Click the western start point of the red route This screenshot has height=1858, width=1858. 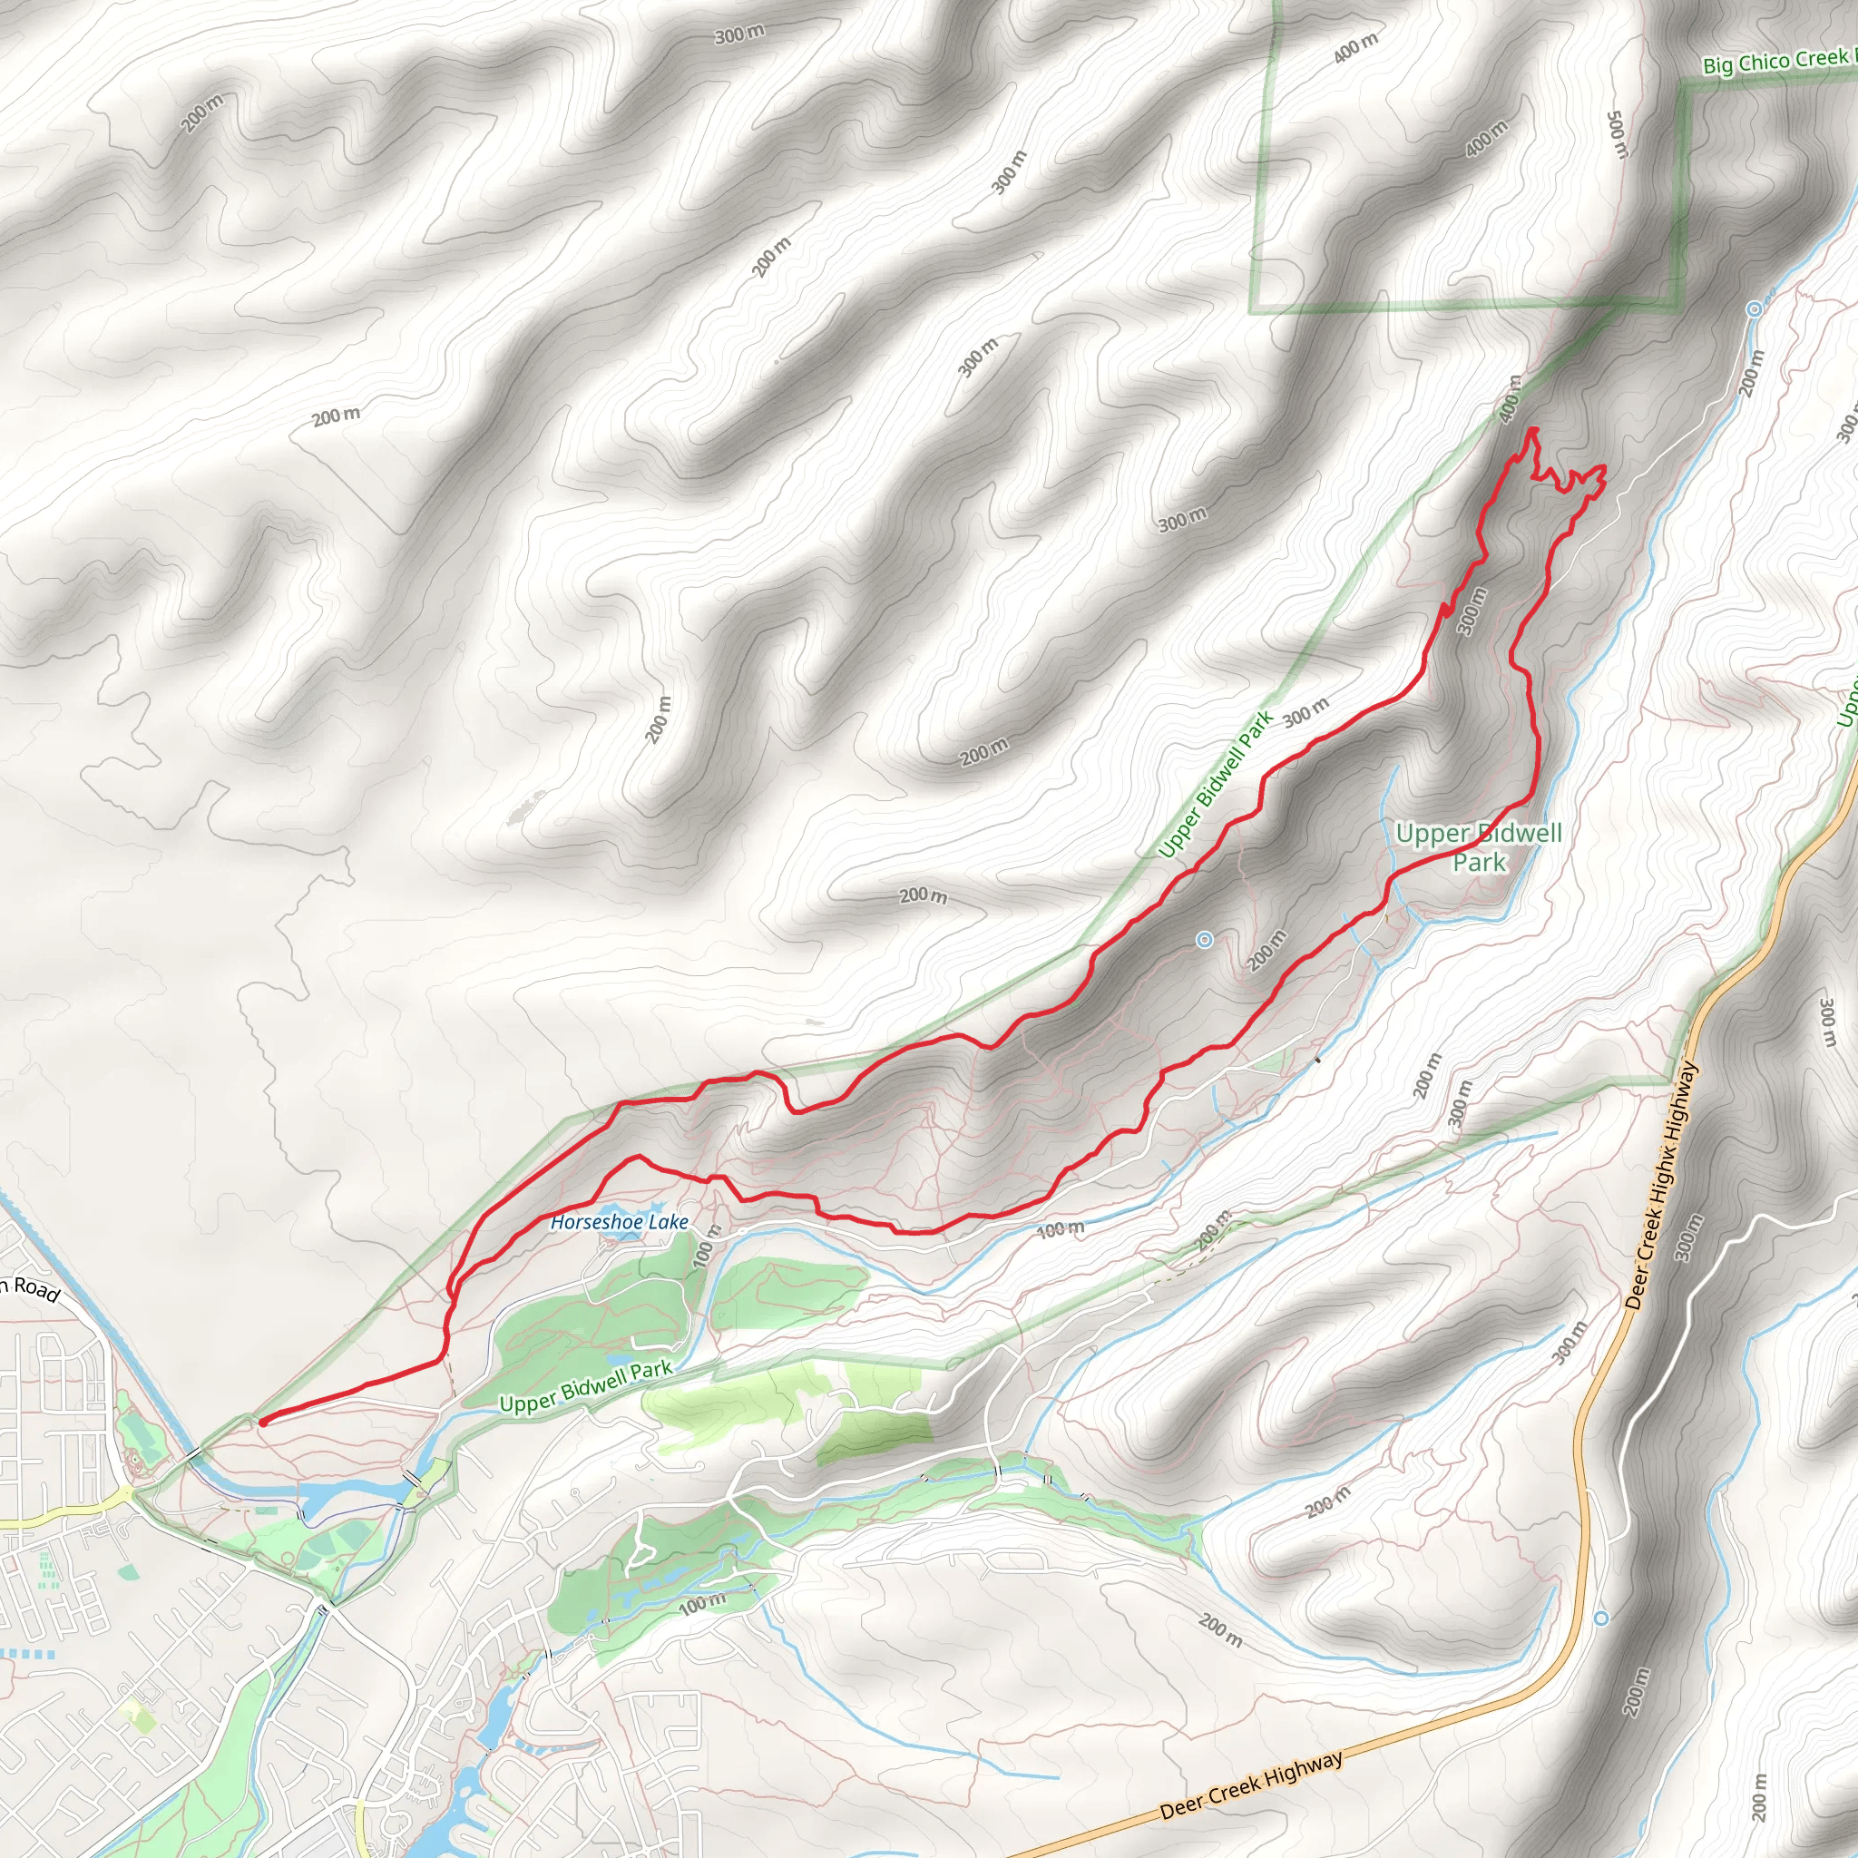pyautogui.click(x=261, y=1422)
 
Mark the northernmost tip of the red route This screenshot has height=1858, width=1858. pyautogui.click(x=1531, y=429)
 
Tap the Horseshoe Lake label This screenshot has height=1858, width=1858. pyautogui.click(x=620, y=1222)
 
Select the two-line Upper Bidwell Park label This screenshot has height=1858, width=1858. pyautogui.click(x=1479, y=847)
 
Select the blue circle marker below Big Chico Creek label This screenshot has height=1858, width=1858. pyautogui.click(x=1755, y=308)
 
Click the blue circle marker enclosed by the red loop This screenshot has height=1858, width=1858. pyautogui.click(x=1204, y=940)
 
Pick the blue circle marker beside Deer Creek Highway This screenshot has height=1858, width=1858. pyautogui.click(x=1601, y=1618)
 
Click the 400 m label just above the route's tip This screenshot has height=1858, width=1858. pyautogui.click(x=1511, y=398)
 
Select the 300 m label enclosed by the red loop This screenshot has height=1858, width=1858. pyautogui.click(x=1472, y=611)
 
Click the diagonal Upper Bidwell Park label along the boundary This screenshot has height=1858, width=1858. pyautogui.click(x=1215, y=784)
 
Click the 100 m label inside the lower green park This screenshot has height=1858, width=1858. pyautogui.click(x=702, y=1604)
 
